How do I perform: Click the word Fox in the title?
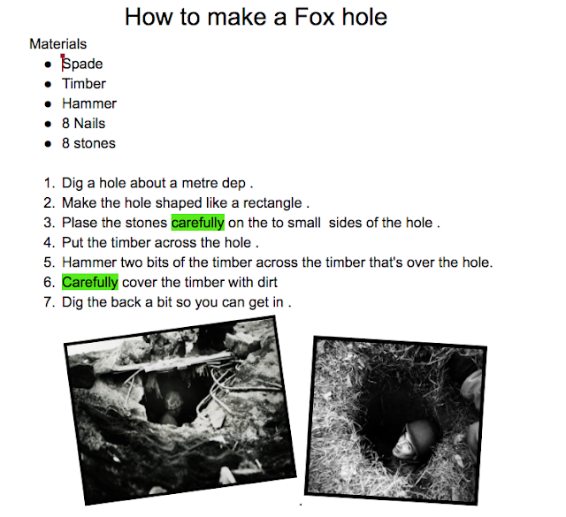[x=315, y=17]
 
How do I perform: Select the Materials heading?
[x=58, y=44]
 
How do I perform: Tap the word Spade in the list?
[x=82, y=64]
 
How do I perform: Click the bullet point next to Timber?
[x=48, y=85]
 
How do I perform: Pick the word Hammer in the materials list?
[x=89, y=103]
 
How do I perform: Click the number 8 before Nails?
[x=65, y=124]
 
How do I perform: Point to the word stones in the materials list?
[x=95, y=143]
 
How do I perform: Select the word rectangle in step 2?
[x=272, y=203]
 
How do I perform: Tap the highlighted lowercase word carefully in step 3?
[x=198, y=223]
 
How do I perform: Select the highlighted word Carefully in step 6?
[x=90, y=282]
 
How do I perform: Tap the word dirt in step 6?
[x=267, y=282]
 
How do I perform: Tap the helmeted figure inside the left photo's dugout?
[x=173, y=407]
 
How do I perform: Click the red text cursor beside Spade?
[x=63, y=63]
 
